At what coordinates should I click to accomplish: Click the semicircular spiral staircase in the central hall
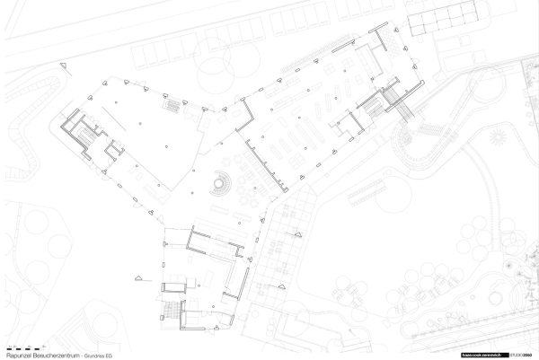coord(218,185)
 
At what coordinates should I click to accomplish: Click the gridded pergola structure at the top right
coord(439,22)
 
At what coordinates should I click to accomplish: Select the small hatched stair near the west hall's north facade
coord(169,104)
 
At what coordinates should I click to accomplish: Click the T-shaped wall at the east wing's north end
coord(382,39)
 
